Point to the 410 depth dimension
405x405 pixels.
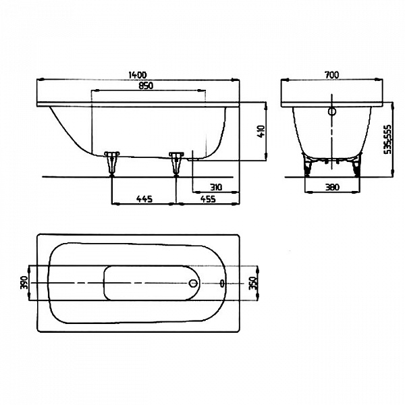[260, 132]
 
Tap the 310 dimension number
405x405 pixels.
[215, 186]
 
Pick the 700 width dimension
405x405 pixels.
[331, 75]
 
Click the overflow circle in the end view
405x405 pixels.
[331, 113]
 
